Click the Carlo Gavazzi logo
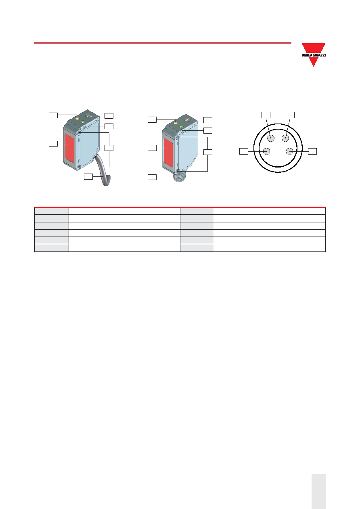point(314,55)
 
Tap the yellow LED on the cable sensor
point(77,119)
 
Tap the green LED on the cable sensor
point(83,122)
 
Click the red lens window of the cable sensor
point(69,148)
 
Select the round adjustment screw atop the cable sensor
point(88,116)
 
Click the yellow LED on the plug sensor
point(176,123)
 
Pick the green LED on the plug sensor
point(182,127)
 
